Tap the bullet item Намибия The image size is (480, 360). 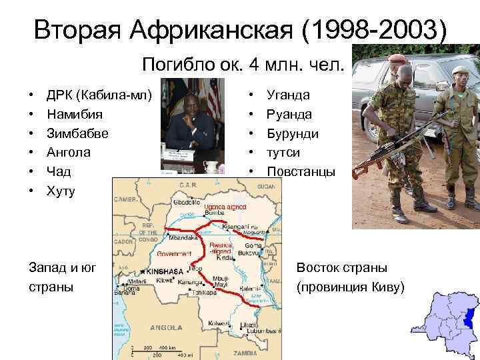click(x=74, y=115)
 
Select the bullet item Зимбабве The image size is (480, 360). click(x=77, y=133)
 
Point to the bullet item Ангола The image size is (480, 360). click(x=69, y=153)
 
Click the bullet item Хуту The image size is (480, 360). click(x=61, y=191)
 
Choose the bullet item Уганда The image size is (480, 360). click(x=288, y=95)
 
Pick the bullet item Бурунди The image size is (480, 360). click(x=293, y=133)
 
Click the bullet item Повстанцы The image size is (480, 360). click(x=301, y=172)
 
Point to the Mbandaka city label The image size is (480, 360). click(x=183, y=238)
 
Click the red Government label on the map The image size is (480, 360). click(x=175, y=254)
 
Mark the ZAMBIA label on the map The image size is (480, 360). click(x=245, y=351)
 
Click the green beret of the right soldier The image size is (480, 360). click(x=459, y=69)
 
